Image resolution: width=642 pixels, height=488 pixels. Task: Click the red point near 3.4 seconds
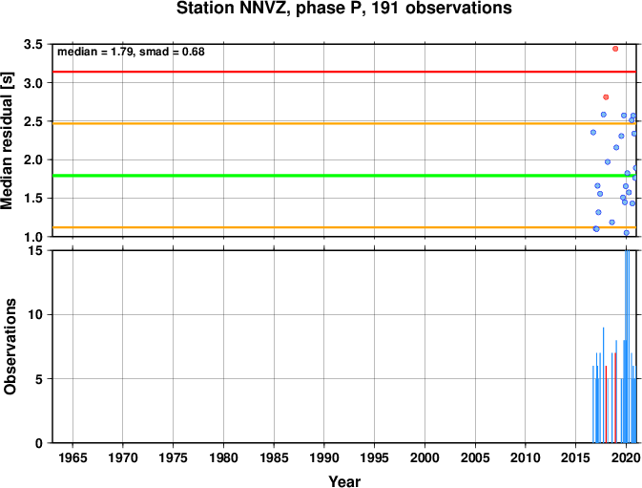(615, 49)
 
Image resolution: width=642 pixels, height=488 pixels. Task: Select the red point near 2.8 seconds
(606, 97)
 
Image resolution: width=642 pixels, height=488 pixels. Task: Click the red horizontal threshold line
(344, 72)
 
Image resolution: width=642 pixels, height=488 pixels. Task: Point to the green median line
(344, 176)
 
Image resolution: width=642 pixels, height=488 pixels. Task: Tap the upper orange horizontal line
(344, 123)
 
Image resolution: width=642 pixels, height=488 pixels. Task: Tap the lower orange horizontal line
(344, 227)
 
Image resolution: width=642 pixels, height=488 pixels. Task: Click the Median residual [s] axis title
(7, 140)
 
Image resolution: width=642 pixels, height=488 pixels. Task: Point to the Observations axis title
(10, 347)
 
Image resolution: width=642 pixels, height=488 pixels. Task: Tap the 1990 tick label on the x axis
(324, 457)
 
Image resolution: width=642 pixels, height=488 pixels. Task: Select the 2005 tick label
(475, 457)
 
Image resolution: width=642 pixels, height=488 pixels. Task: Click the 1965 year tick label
(72, 457)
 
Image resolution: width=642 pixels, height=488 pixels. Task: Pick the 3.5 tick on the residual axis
(33, 44)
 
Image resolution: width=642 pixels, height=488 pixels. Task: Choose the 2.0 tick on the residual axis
(33, 159)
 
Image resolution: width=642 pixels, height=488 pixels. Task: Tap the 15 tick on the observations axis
(36, 250)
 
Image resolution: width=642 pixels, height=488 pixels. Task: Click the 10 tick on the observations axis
(36, 315)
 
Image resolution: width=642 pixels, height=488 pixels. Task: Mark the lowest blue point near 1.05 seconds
(627, 233)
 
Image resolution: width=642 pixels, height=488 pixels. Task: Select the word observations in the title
(459, 9)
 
